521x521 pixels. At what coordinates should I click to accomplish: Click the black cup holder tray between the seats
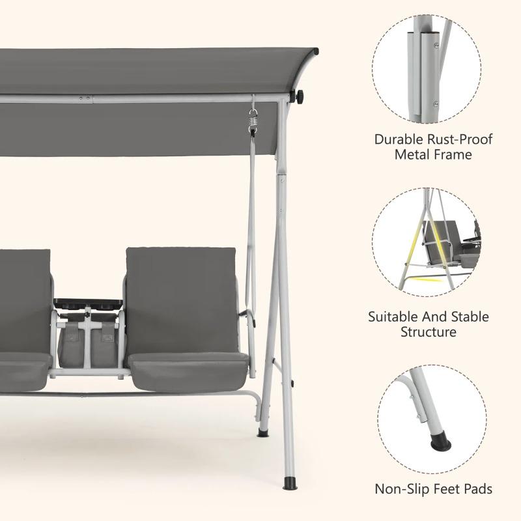[x=88, y=303]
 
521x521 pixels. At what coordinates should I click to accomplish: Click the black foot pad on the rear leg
[x=262, y=432]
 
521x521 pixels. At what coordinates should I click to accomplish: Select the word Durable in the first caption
[x=399, y=139]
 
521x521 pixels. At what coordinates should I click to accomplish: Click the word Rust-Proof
[x=460, y=139]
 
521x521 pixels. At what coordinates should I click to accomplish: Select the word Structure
[x=429, y=332]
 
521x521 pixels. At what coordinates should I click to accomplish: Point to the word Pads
[x=478, y=489]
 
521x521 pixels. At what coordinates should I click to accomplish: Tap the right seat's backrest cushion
[x=182, y=300]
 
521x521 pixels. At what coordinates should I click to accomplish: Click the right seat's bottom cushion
[x=188, y=371]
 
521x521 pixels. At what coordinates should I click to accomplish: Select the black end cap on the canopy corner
[x=315, y=51]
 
